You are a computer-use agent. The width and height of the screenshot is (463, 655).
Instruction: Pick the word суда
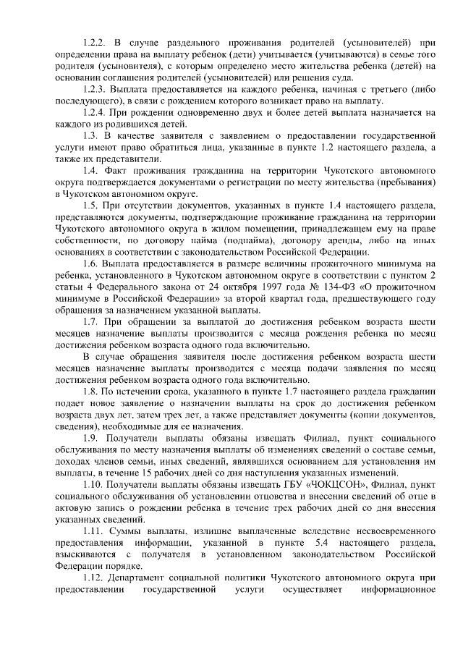coord(341,77)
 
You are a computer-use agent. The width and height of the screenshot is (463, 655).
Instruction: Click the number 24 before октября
coord(193,287)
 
